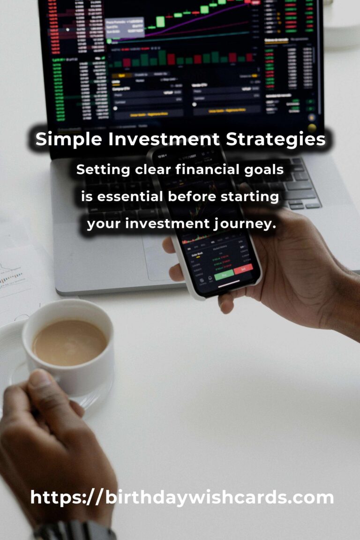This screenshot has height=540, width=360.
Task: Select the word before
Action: (192, 197)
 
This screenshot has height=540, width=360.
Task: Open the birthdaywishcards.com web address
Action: (182, 497)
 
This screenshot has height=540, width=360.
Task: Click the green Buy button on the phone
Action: (224, 275)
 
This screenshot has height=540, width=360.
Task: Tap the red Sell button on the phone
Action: (243, 269)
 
